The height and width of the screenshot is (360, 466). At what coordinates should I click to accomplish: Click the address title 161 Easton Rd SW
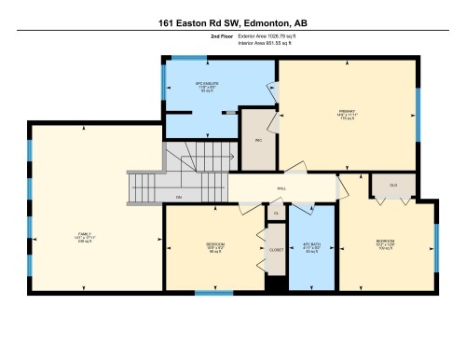click(x=232, y=20)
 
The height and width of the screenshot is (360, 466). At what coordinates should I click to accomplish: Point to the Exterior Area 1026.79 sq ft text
click(x=271, y=35)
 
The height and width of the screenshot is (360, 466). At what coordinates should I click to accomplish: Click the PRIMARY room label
click(x=347, y=114)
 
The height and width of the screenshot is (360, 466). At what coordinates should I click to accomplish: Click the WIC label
click(x=257, y=141)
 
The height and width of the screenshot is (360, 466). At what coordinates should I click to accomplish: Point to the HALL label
click(x=281, y=188)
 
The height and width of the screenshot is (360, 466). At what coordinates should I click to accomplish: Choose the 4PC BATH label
click(x=311, y=248)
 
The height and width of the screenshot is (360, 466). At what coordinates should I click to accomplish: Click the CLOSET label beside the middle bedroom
click(x=275, y=250)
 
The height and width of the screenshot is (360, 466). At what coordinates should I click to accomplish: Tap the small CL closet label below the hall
click(x=276, y=213)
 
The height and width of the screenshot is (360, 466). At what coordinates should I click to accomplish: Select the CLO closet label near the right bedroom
click(x=393, y=186)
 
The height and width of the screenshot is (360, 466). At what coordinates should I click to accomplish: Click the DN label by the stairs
click(x=178, y=197)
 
